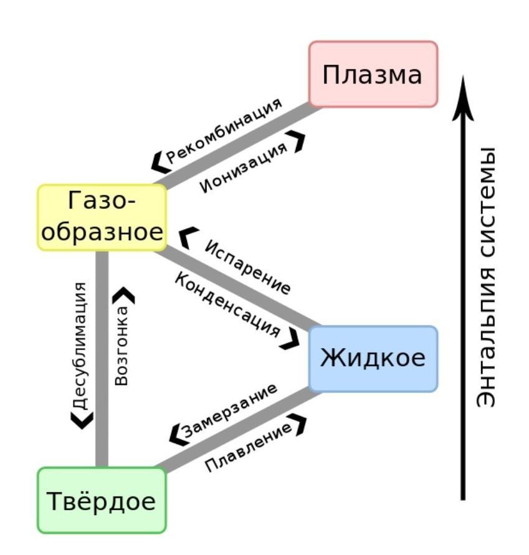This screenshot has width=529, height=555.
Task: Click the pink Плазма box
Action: pyautogui.click(x=373, y=74)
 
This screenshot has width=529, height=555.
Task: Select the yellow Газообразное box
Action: pyautogui.click(x=102, y=217)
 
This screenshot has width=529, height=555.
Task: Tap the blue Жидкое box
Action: pyautogui.click(x=373, y=359)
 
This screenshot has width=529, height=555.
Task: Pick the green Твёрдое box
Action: pyautogui.click(x=102, y=500)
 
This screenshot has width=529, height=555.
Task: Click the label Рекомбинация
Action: pyautogui.click(x=224, y=131)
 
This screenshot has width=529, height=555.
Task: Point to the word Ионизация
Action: pyautogui.click(x=244, y=167)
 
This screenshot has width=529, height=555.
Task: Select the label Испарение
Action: pyautogui.click(x=247, y=267)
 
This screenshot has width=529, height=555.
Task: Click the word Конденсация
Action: pyautogui.click(x=227, y=305)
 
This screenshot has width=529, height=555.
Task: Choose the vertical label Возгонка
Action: pyautogui.click(x=121, y=346)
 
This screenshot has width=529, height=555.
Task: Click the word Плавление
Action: pyautogui.click(x=249, y=447)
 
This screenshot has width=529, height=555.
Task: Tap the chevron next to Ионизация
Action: pyautogui.click(x=297, y=141)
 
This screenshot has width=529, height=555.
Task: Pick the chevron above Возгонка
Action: pyautogui.click(x=123, y=295)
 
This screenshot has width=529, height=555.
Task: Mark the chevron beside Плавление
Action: pyautogui.click(x=298, y=425)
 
